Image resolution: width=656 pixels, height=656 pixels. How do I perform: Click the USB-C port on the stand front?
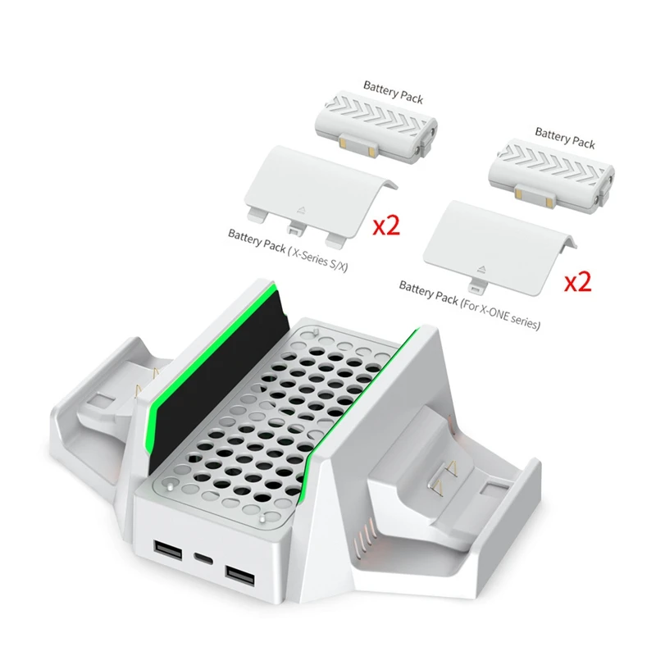pyautogui.click(x=203, y=558)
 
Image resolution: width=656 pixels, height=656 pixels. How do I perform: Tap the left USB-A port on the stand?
pyautogui.click(x=168, y=550)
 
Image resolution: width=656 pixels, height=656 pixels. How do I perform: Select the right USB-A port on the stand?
pyautogui.click(x=239, y=576)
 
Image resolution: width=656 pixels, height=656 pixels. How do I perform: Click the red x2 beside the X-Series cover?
pyautogui.click(x=386, y=226)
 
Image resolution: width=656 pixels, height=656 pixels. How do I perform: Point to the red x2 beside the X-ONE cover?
pyautogui.click(x=578, y=282)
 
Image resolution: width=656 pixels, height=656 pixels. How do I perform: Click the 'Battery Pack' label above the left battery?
pyautogui.click(x=394, y=92)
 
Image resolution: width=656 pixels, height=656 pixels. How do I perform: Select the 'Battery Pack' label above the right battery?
pyautogui.click(x=565, y=138)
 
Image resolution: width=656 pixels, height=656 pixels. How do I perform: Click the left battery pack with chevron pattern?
pyautogui.click(x=376, y=121)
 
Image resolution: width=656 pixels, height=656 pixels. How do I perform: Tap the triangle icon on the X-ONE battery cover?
pyautogui.click(x=481, y=269)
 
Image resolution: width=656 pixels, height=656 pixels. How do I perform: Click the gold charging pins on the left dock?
pyautogui.click(x=147, y=383)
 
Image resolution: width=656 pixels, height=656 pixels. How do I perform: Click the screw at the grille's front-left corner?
pyautogui.click(x=170, y=488)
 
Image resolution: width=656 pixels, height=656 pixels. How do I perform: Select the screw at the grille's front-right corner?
pyautogui.click(x=262, y=519)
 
